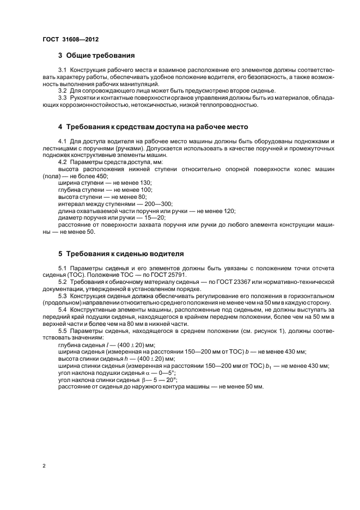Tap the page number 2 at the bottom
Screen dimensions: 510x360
[44, 465]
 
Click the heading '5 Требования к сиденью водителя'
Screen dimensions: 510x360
[121, 254]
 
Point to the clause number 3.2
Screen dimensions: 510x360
[62, 90]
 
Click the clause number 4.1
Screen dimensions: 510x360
[62, 142]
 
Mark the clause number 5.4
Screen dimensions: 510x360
[62, 309]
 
